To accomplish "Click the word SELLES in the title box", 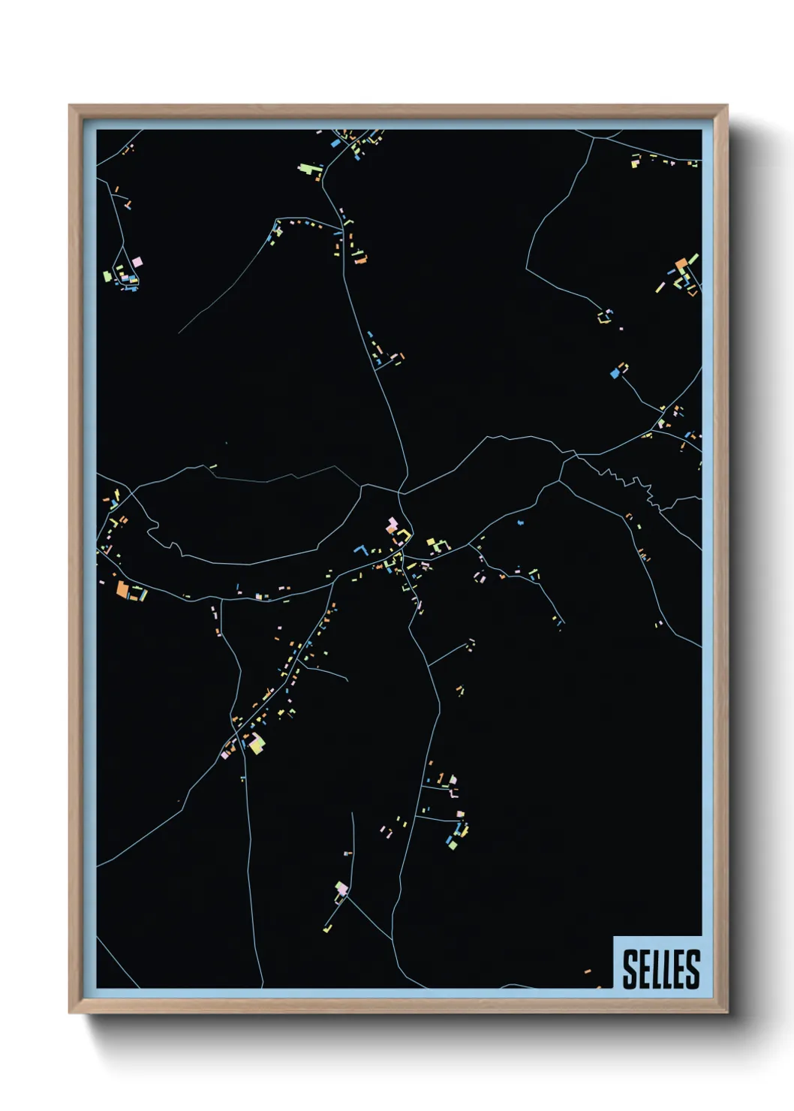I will point(660,968).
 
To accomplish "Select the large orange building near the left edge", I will point(122,589).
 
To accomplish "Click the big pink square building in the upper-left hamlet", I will point(137,262).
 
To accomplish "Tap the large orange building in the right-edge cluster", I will point(681,264).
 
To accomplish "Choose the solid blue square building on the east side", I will point(615,372).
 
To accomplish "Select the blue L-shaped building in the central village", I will point(360,550).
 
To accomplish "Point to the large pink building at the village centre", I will point(391,524).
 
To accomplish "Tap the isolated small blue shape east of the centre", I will point(519,522).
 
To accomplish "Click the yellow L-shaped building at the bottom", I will point(328,928).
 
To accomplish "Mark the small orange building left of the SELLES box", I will point(588,971).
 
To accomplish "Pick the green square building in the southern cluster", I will point(453,845).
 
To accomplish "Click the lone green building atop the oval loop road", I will point(213,467).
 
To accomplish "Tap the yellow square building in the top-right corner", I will point(634,161).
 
